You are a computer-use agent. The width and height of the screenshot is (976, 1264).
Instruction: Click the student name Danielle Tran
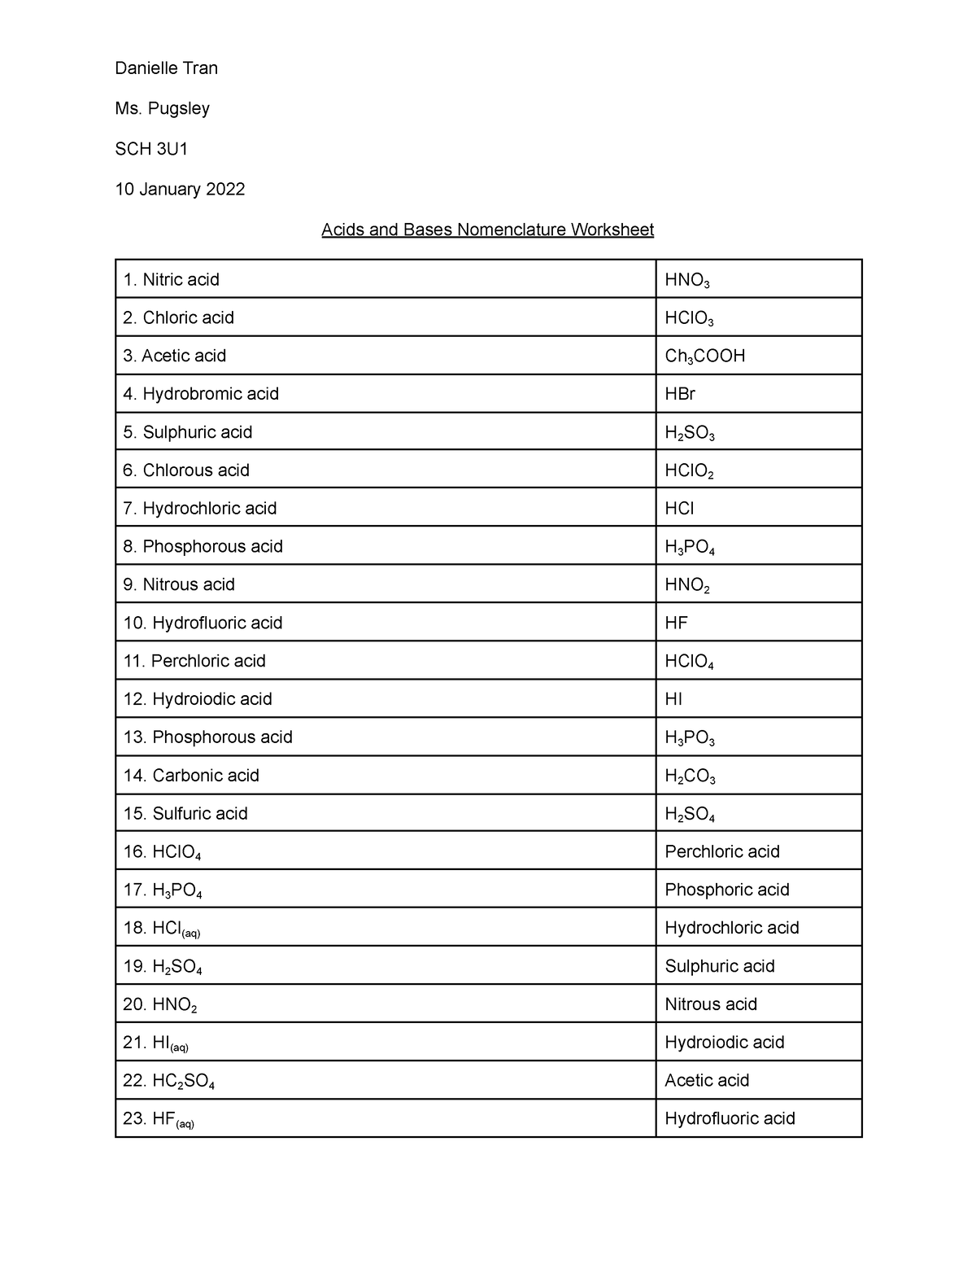pyautogui.click(x=166, y=68)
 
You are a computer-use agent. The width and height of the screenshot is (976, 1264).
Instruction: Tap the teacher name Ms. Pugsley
pyautogui.click(x=162, y=108)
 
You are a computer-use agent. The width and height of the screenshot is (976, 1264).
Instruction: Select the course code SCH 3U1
pyautogui.click(x=151, y=149)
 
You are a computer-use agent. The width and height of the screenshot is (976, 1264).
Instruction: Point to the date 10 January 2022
pyautogui.click(x=180, y=190)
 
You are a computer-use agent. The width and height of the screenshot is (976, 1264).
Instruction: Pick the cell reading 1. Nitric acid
pyautogui.click(x=171, y=280)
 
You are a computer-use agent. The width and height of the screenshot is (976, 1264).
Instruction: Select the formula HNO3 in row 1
pyautogui.click(x=686, y=281)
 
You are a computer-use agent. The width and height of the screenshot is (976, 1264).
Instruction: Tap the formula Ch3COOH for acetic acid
pyautogui.click(x=704, y=356)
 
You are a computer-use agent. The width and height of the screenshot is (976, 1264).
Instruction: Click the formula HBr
pyautogui.click(x=680, y=394)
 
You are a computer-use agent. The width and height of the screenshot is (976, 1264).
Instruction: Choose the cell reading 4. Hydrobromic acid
pyautogui.click(x=201, y=394)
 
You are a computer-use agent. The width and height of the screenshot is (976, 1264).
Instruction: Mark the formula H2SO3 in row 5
pyautogui.click(x=689, y=433)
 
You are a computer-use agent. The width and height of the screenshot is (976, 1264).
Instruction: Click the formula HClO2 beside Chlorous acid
pyautogui.click(x=689, y=471)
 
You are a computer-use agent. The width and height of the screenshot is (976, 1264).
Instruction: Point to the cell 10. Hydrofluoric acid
pyautogui.click(x=203, y=623)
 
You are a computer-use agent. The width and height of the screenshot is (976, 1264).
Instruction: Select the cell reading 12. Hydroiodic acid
pyautogui.click(x=198, y=699)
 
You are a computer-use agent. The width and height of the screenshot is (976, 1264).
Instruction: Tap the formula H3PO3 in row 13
pyautogui.click(x=689, y=738)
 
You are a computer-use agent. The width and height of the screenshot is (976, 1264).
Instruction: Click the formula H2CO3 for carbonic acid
pyautogui.click(x=690, y=776)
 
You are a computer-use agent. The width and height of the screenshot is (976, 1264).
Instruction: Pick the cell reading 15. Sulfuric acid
pyautogui.click(x=185, y=813)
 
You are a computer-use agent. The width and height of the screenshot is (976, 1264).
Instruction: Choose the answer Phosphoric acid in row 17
pyautogui.click(x=726, y=890)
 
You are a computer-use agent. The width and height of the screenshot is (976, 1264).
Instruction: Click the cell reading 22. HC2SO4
pyautogui.click(x=168, y=1081)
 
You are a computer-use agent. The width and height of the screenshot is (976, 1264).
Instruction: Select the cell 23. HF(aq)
pyautogui.click(x=159, y=1119)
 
